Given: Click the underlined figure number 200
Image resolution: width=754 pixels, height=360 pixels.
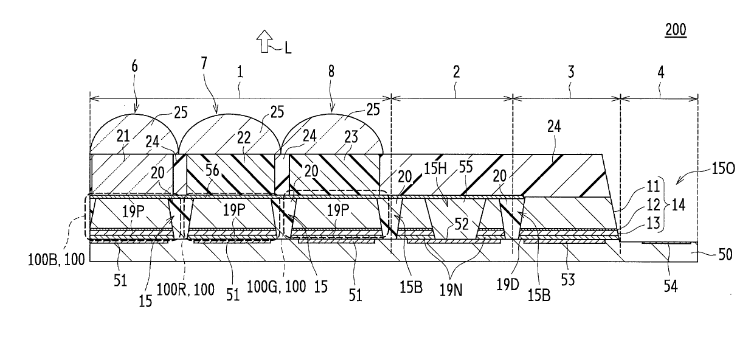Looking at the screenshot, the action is [x=676, y=30].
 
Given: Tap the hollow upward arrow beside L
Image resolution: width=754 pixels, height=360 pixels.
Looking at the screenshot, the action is [x=265, y=41].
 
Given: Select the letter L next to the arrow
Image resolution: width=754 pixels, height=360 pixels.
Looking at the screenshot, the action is [x=288, y=49].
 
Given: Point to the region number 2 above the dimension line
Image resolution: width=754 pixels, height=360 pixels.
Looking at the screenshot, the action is [x=456, y=72].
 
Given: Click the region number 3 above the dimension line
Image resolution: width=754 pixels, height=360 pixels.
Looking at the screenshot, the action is [x=571, y=72].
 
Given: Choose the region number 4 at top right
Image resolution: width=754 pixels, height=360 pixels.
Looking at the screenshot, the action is [x=661, y=72].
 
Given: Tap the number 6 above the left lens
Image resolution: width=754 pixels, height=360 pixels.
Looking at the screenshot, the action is [x=134, y=66].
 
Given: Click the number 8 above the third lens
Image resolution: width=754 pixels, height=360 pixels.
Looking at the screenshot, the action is [x=331, y=71].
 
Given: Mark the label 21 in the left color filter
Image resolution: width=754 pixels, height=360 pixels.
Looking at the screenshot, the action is [x=123, y=136].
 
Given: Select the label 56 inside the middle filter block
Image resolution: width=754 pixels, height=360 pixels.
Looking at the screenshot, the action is [x=212, y=170].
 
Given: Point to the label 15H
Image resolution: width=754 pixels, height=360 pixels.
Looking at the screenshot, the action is [x=435, y=168].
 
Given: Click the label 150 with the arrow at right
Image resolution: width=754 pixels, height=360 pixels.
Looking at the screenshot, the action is [x=723, y=168].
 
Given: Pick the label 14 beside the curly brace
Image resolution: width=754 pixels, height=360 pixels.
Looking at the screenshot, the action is [x=679, y=204].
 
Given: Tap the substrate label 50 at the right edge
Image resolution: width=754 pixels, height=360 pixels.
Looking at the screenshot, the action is [x=725, y=255].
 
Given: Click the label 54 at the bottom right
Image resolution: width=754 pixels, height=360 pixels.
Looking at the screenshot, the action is [x=671, y=286].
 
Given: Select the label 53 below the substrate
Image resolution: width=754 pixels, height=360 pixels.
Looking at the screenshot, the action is [x=567, y=280].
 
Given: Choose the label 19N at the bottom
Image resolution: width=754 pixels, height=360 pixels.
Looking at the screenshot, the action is [x=451, y=290].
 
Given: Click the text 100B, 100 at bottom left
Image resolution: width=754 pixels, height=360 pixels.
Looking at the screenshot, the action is [x=56, y=260].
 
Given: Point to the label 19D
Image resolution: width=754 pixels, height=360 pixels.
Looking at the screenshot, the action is [x=508, y=285].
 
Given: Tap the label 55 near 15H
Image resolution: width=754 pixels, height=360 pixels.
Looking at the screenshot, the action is [x=466, y=167].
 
